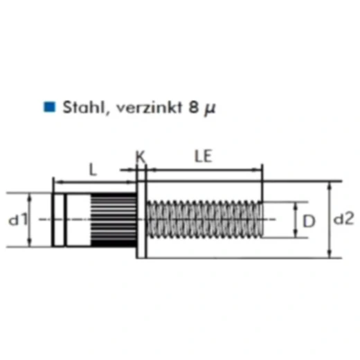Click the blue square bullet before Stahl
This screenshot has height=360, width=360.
click(49, 107)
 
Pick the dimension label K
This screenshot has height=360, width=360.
click(141, 156)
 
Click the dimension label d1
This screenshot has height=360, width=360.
click(17, 219)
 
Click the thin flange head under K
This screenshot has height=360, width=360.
click(142, 219)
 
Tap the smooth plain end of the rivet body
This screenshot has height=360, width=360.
click(69, 219)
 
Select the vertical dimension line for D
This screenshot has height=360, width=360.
click(296, 220)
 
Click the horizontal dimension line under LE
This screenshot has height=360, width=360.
click(204, 169)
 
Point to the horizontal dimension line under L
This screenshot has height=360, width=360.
click(93, 182)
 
